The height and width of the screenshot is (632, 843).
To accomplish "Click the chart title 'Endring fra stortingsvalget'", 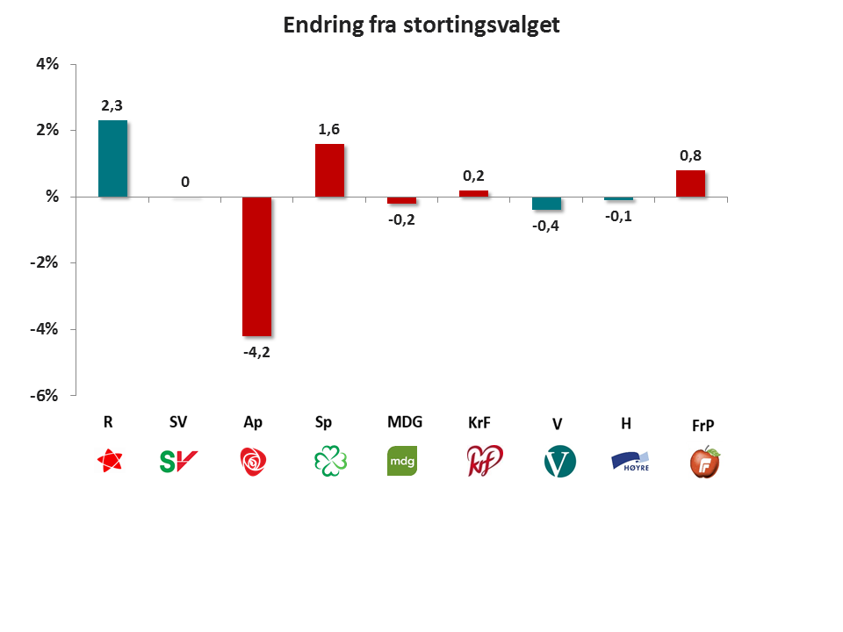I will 421,25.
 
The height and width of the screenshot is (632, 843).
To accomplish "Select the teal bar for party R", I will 112,158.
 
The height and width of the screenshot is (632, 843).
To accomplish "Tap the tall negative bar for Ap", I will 256,266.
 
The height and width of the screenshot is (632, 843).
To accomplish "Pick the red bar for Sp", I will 329,170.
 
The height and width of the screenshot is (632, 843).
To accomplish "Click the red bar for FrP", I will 690,183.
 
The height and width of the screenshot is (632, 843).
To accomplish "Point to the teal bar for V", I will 546,203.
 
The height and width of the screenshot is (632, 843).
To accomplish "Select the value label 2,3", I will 112,105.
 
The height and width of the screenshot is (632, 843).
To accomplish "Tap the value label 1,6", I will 329,129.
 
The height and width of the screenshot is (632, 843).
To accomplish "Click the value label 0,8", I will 690,155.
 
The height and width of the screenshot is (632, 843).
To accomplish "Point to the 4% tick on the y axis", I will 47,64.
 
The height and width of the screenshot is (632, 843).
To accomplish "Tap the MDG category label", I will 405,421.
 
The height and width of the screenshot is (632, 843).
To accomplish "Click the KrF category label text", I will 479,422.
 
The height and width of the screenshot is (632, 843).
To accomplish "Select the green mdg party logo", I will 402,461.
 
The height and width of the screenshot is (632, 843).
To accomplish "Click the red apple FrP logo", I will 703,461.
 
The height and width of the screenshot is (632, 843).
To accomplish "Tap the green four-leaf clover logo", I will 330,461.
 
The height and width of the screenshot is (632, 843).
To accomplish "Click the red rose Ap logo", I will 255,461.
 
